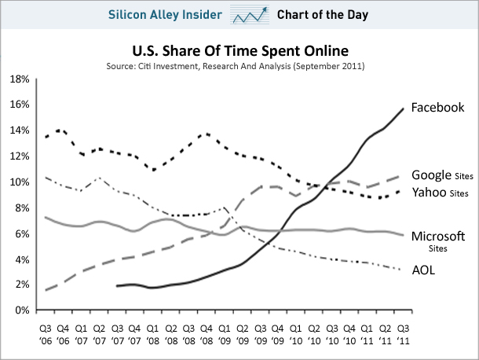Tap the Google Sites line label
coord(441,176)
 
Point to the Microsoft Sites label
coord(444,237)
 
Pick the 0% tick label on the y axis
coord(21,310)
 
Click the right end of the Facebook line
coord(404,108)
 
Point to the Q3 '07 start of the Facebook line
coord(117,286)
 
